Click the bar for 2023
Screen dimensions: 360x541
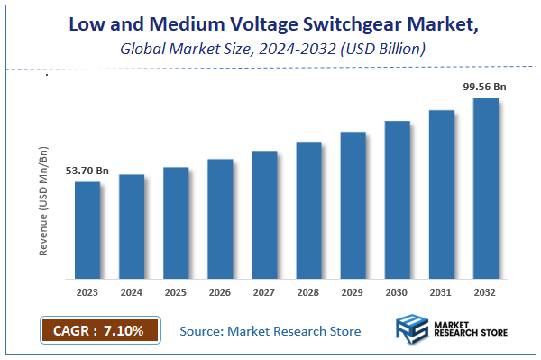(87, 230)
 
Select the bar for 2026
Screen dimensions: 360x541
(221, 218)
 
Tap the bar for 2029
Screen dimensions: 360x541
(353, 205)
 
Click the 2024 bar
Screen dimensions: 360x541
(132, 226)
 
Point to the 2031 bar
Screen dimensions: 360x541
(442, 194)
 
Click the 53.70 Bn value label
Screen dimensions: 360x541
(87, 170)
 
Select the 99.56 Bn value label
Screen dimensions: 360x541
(484, 86)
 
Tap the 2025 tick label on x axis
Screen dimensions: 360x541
(176, 291)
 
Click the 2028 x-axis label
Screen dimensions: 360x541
(309, 291)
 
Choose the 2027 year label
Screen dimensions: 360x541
(265, 291)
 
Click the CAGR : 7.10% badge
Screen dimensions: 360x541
(99, 331)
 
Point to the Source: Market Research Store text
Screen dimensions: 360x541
(270, 331)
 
